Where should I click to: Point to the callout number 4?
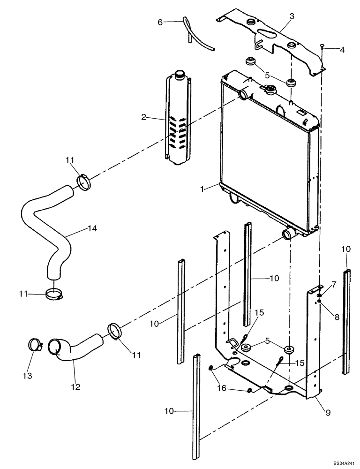click(x=342, y=49)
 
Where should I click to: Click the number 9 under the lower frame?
click(x=328, y=413)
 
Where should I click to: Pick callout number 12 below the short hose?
click(x=75, y=387)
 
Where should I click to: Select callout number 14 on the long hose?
click(x=92, y=228)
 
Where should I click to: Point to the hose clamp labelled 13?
click(x=35, y=346)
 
